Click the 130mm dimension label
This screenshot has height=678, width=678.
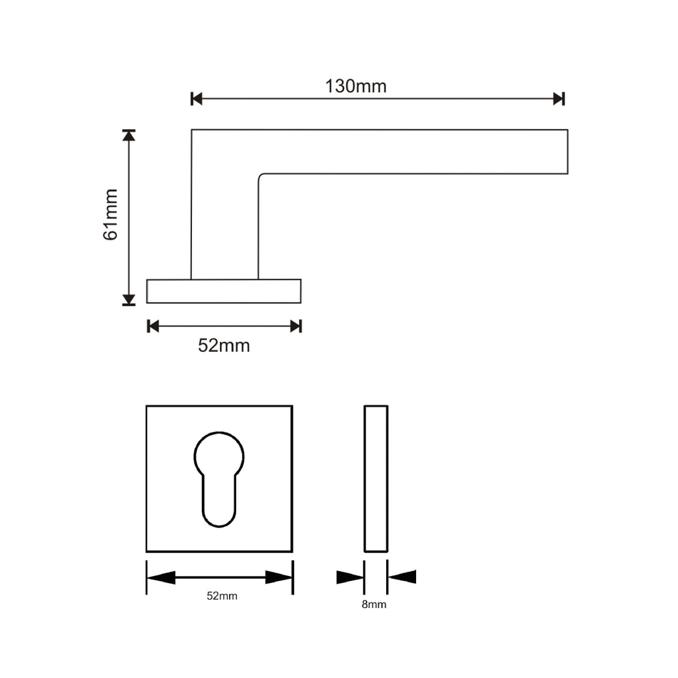(355, 86)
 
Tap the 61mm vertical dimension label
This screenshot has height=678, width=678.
(111, 214)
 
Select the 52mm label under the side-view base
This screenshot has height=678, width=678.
(223, 346)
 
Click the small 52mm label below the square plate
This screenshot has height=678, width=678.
(222, 596)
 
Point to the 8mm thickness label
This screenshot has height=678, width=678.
(374, 604)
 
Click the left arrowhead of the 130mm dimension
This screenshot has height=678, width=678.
(197, 98)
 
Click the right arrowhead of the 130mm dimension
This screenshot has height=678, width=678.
(558, 98)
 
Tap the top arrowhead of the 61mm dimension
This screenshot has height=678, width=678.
(128, 135)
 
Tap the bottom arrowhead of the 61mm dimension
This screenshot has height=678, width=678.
(128, 300)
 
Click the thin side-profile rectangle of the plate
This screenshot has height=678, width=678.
(375, 478)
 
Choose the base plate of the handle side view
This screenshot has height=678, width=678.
(223, 291)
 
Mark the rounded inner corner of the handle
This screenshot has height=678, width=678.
(261, 176)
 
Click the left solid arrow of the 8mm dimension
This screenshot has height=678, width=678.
(350, 577)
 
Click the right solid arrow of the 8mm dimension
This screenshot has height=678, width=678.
(403, 577)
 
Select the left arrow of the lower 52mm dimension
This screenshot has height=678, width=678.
(161, 577)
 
